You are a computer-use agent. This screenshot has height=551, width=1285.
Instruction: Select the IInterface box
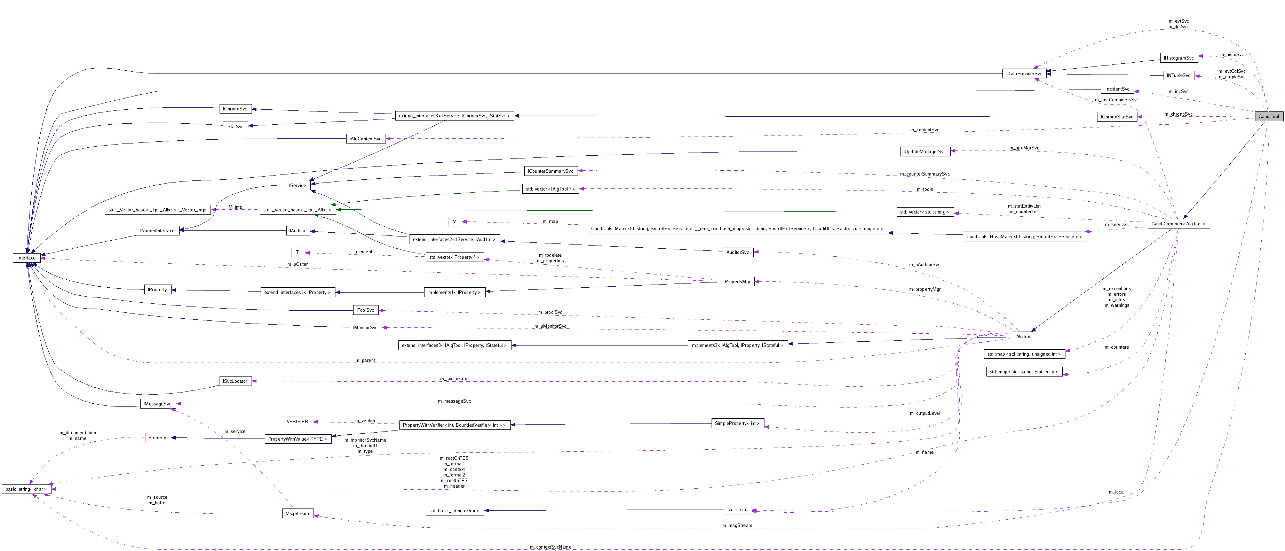point(26,257)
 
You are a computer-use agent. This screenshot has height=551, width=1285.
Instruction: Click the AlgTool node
point(1024,336)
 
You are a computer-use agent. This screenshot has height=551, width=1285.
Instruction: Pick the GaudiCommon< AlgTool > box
point(1178,224)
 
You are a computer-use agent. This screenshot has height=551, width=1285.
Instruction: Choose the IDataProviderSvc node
point(1024,73)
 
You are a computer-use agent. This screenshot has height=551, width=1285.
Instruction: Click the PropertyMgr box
point(737,281)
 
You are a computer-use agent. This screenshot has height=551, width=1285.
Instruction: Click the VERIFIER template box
point(297,421)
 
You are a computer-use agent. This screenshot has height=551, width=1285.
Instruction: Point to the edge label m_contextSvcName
point(550,547)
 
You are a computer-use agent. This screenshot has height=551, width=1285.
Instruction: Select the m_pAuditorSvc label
point(924,264)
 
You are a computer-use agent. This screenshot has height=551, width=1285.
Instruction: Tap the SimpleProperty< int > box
point(737,423)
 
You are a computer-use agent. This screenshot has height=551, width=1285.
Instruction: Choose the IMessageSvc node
point(158,403)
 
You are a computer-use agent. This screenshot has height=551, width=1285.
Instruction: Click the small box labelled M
point(454,222)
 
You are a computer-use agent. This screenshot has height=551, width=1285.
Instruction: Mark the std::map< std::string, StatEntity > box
point(1024,372)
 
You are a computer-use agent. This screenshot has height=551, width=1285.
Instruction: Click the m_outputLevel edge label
point(924,413)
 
